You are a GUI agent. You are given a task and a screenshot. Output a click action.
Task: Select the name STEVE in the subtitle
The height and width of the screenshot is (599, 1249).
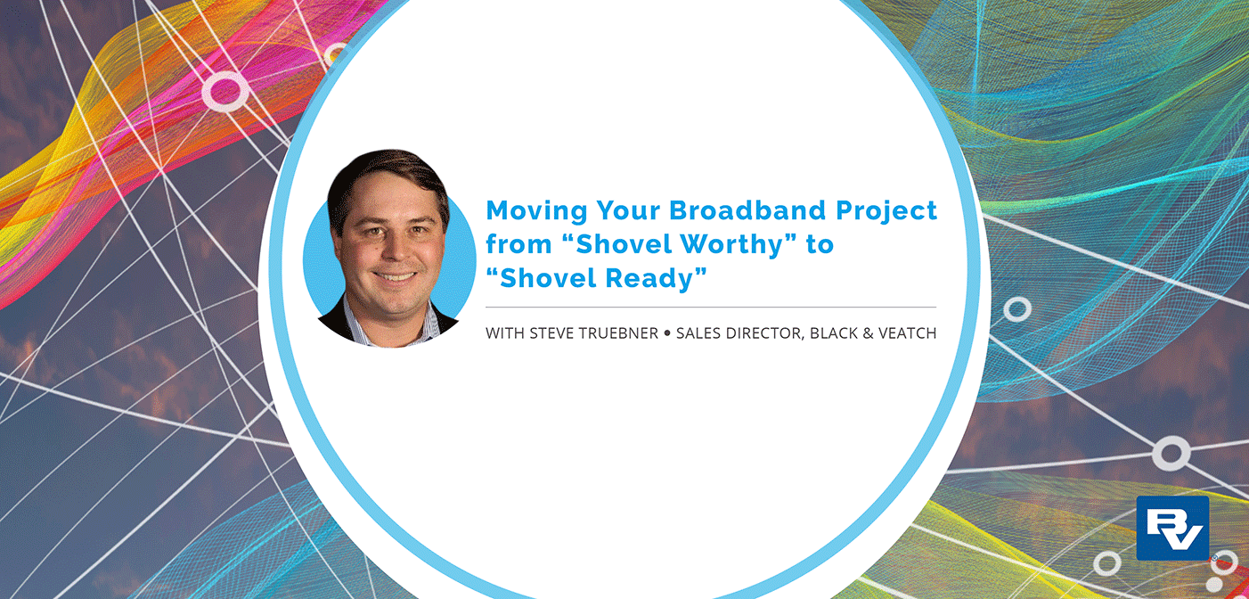553,333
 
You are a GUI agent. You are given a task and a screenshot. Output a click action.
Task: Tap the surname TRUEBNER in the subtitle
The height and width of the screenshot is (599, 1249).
620,333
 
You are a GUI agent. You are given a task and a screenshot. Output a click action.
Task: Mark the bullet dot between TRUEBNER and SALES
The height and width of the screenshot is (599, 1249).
667,333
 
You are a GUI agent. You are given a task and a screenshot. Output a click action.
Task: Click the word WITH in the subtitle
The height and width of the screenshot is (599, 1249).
505,333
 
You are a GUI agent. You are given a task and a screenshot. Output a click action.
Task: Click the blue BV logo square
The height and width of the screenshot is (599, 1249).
1172,528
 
